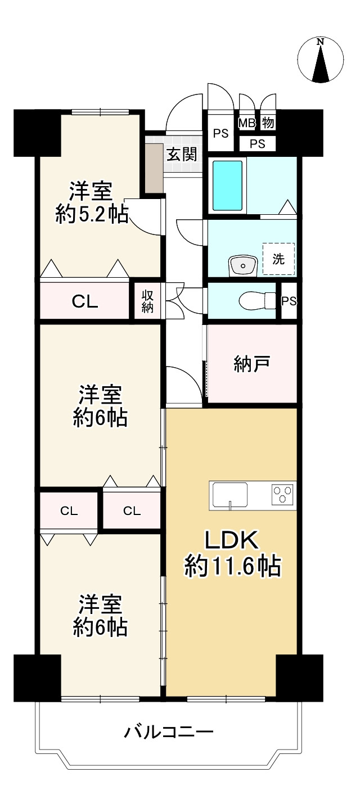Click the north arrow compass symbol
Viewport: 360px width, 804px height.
[x=321, y=60]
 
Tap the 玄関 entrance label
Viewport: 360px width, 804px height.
[x=182, y=155]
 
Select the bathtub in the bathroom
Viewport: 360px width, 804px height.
[x=228, y=185]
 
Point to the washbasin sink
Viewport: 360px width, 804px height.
[x=242, y=266]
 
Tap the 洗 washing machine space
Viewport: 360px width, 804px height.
[x=278, y=259]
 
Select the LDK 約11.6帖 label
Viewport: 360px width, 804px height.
[x=232, y=554]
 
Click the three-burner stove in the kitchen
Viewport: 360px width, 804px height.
[x=283, y=494]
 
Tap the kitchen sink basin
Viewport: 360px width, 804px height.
[x=230, y=495]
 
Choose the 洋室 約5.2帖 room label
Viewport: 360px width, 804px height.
[x=92, y=203]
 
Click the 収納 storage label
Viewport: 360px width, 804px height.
[x=147, y=301]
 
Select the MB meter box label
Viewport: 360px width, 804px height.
[x=247, y=123]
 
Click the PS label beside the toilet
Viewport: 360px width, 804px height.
[x=289, y=301]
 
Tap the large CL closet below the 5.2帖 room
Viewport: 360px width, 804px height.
[x=85, y=301]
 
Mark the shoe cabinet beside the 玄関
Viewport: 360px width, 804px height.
[x=154, y=168]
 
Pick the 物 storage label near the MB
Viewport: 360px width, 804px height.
[x=268, y=123]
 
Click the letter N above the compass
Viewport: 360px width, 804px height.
[x=321, y=42]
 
